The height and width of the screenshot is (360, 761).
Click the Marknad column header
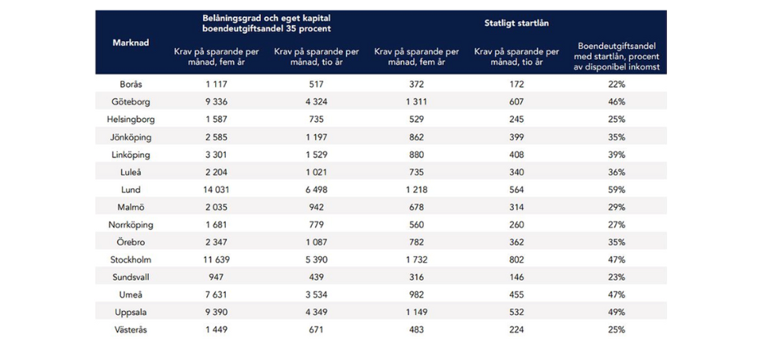click(130, 43)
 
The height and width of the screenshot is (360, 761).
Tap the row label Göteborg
click(130, 101)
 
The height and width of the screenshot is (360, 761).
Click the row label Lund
click(130, 189)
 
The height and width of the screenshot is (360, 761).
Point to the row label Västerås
click(130, 329)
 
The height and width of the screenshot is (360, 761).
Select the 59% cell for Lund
click(616, 189)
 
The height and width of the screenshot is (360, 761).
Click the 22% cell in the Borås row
click(616, 84)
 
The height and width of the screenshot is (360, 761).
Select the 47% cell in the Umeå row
click(616, 295)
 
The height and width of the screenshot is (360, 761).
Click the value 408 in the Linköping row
click(516, 154)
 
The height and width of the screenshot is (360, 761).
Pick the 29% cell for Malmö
click(616, 207)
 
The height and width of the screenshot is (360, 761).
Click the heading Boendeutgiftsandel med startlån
click(616, 56)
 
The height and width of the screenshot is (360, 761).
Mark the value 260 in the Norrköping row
click(516, 224)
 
